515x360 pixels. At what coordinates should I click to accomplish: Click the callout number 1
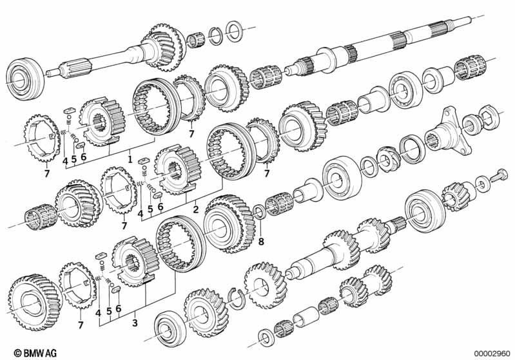click(130, 157)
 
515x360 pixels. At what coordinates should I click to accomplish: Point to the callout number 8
click(261, 242)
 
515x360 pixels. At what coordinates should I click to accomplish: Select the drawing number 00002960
click(493, 352)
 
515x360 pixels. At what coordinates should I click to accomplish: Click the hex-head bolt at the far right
click(500, 174)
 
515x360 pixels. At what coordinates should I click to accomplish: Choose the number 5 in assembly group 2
click(150, 209)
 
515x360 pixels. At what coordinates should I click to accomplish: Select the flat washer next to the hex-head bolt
click(481, 180)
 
